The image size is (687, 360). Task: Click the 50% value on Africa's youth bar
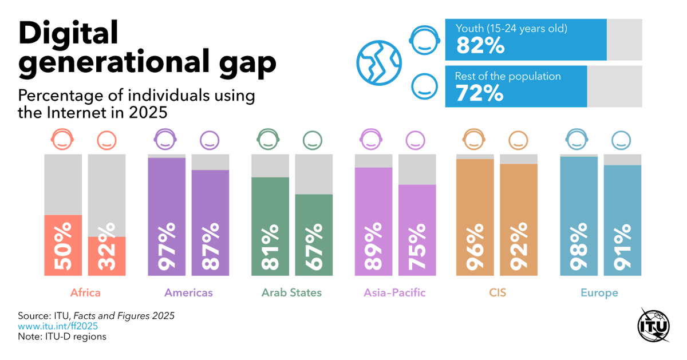click(63, 247)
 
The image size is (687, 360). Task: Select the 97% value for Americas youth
click(167, 247)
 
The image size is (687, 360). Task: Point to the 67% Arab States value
click(314, 247)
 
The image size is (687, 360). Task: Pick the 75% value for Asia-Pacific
click(417, 247)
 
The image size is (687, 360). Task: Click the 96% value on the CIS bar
click(475, 247)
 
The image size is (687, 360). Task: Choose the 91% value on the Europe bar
click(622, 247)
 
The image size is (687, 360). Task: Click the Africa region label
click(85, 292)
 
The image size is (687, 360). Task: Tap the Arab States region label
click(291, 292)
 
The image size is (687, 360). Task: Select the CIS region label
click(498, 292)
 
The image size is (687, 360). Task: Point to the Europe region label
click(599, 292)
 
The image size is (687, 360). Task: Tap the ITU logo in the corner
click(653, 326)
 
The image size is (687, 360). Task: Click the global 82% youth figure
click(480, 46)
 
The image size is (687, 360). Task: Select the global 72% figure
click(479, 93)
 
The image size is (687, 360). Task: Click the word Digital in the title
click(68, 33)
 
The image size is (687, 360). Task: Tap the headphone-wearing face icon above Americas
click(165, 139)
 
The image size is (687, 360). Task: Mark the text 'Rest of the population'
click(508, 76)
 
